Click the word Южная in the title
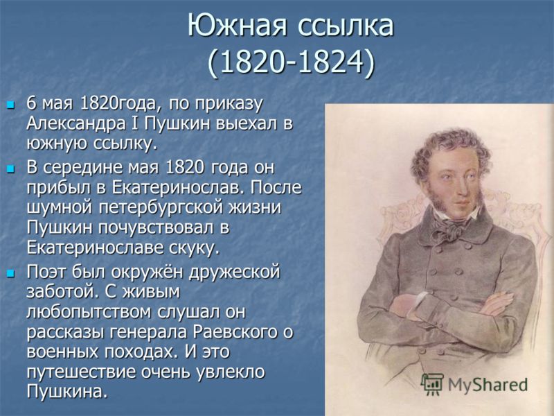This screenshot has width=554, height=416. tap(238, 25)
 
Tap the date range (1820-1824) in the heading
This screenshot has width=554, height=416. tap(290, 63)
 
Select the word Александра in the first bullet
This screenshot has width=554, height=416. tap(76, 124)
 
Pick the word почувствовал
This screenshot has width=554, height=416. tap(156, 227)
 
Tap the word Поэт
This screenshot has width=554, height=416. tap(47, 272)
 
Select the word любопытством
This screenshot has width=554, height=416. tap(89, 313)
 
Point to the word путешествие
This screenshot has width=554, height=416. tap(80, 372)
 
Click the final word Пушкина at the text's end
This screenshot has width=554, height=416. tap(66, 392)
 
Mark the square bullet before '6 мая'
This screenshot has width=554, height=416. tap(11, 105)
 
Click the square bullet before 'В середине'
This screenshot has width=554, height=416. tap(11, 169)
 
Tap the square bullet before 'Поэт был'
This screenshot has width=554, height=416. tap(11, 273)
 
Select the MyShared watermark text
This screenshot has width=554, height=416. tap(488, 385)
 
